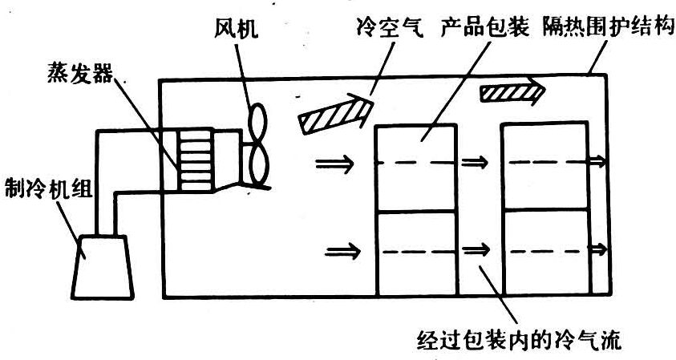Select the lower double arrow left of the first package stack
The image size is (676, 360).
[x=344, y=253]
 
